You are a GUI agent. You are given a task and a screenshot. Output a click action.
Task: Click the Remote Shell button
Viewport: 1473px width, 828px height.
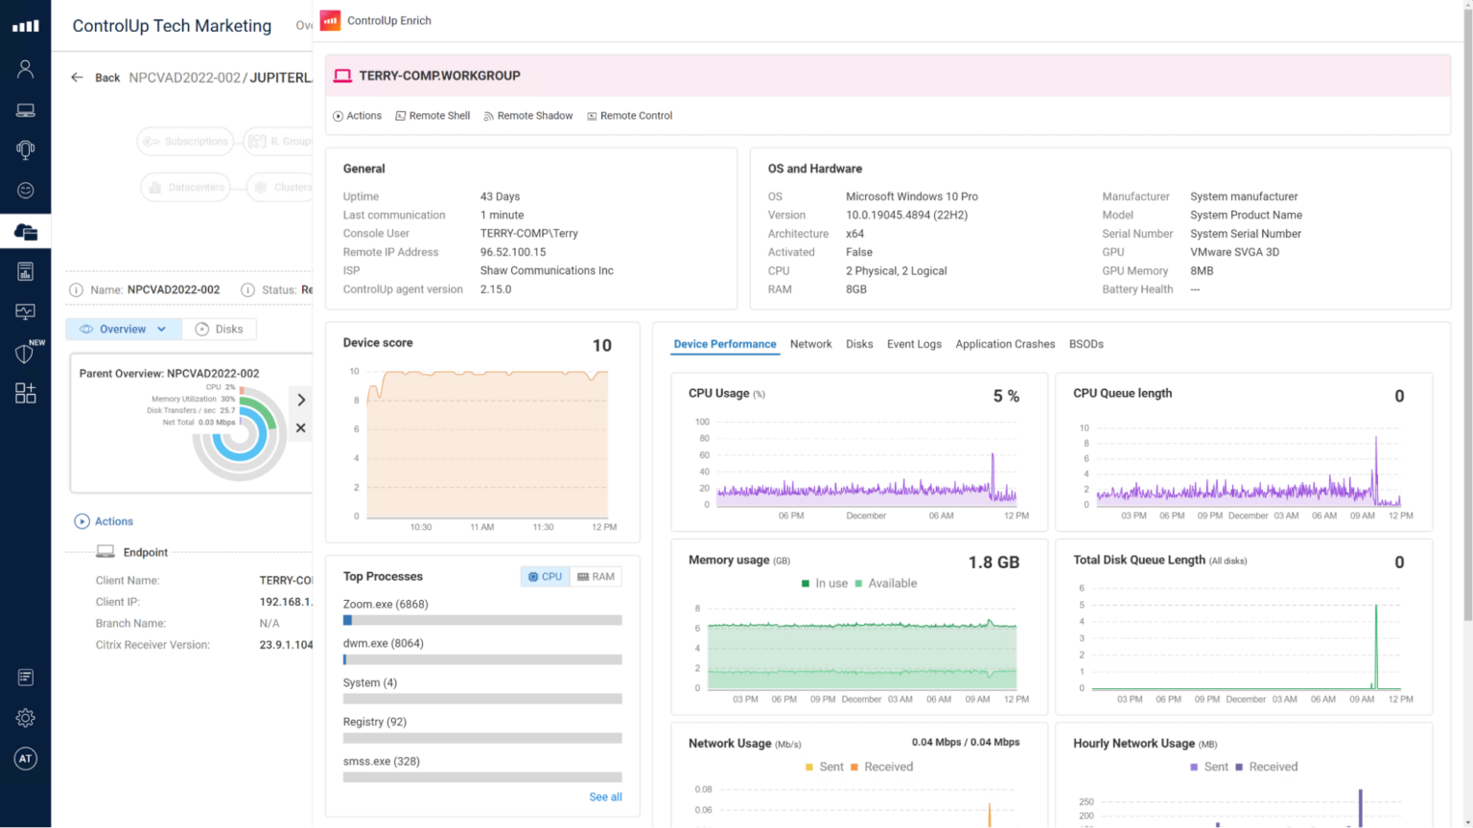coord(433,116)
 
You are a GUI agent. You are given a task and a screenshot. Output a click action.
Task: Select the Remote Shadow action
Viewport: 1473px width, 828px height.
coord(528,116)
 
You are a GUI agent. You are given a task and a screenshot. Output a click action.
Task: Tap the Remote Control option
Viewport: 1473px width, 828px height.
coord(630,116)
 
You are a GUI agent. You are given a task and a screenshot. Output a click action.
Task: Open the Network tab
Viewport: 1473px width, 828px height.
coord(810,344)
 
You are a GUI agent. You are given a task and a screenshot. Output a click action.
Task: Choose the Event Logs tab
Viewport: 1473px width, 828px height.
coord(914,344)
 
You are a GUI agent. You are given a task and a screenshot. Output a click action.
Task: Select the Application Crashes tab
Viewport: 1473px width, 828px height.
coord(1004,344)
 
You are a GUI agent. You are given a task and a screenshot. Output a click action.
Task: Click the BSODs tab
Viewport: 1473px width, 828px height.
coord(1086,344)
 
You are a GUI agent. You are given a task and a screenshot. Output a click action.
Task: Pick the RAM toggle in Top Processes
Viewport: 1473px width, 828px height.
coord(596,577)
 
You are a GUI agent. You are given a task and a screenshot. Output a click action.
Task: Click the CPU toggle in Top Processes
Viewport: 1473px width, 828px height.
coord(545,577)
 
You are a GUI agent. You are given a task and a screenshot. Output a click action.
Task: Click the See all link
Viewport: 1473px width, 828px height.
coord(605,797)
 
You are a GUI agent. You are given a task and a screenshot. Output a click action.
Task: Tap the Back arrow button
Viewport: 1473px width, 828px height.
coord(78,78)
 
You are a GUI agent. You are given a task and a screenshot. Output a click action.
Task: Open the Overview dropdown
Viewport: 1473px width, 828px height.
coord(124,330)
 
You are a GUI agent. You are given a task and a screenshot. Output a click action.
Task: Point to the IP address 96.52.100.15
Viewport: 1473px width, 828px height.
coord(513,252)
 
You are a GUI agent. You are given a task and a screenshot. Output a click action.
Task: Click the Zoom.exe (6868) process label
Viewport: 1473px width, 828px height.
coord(386,605)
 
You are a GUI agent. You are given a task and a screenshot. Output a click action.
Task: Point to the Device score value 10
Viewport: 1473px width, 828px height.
coord(601,346)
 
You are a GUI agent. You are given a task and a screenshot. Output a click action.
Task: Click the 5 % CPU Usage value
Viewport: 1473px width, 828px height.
coord(1006,397)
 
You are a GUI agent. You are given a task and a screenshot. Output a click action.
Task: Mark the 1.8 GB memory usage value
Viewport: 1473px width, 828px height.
coord(994,563)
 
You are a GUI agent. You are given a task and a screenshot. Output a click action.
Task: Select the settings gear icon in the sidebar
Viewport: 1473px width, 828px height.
coord(26,718)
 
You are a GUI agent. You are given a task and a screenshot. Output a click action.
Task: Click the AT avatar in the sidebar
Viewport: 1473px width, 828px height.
coord(26,759)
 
